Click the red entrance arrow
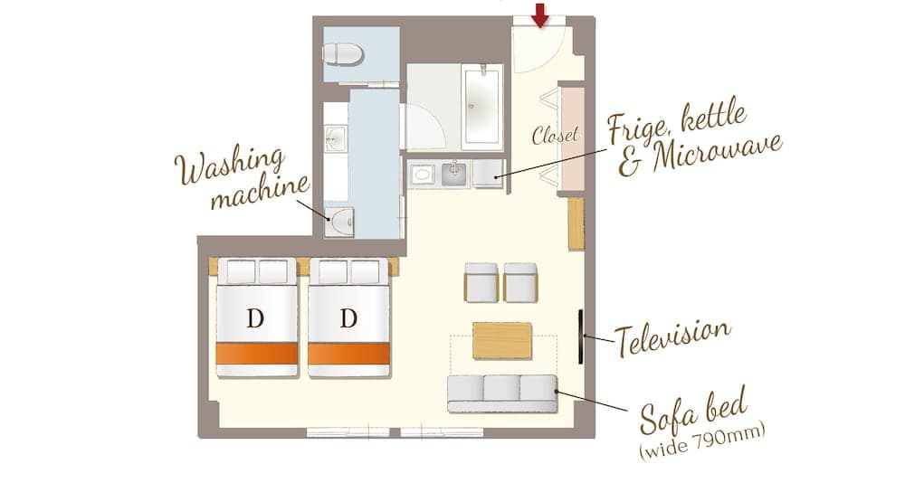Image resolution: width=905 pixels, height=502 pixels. pyautogui.click(x=540, y=15)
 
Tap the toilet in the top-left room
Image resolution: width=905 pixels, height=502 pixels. pyautogui.click(x=343, y=55)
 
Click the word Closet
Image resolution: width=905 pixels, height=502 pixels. pyautogui.click(x=556, y=136)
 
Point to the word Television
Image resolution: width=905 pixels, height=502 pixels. pyautogui.click(x=672, y=337)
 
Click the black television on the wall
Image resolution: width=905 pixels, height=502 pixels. pyautogui.click(x=581, y=337)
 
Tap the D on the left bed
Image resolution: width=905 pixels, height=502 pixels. pyautogui.click(x=255, y=318)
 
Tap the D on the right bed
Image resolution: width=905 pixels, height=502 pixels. pyautogui.click(x=348, y=318)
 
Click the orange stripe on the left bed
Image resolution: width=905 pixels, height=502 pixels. pyautogui.click(x=257, y=353)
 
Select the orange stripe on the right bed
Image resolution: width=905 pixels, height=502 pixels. pyautogui.click(x=349, y=353)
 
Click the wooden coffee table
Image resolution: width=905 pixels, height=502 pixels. pyautogui.click(x=502, y=340)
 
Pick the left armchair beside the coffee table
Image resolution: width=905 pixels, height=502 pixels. pyautogui.click(x=481, y=282)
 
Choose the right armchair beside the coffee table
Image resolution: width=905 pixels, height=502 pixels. pyautogui.click(x=520, y=282)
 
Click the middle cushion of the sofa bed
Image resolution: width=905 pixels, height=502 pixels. pyautogui.click(x=502, y=388)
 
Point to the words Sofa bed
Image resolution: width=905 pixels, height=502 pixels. pyautogui.click(x=693, y=411)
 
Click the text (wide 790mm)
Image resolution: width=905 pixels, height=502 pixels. pyautogui.click(x=702, y=441)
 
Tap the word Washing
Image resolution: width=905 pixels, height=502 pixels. pyautogui.click(x=230, y=166)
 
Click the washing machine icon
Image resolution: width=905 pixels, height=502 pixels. pyautogui.click(x=339, y=220)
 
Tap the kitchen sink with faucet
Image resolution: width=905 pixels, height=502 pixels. pyautogui.click(x=454, y=175)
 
